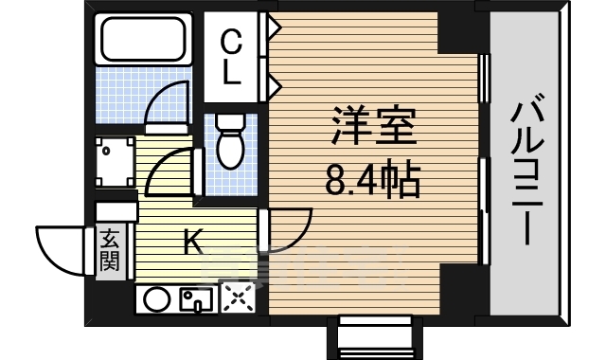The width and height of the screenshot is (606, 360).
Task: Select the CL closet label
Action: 230,56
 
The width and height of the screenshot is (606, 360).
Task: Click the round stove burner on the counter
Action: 157,300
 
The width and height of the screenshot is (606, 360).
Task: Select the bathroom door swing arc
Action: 171,99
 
